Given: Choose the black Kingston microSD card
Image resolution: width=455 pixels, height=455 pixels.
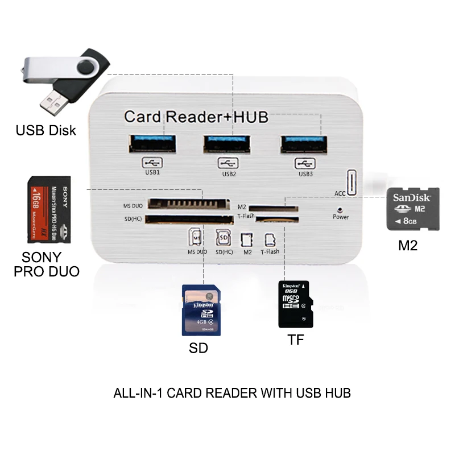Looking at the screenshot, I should [x=295, y=304].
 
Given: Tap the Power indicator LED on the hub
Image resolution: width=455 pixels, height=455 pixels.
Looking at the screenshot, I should [x=340, y=209].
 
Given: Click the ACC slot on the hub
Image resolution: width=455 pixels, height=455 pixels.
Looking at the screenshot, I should [x=352, y=181].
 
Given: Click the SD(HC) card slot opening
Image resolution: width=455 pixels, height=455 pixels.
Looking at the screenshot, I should [x=184, y=218].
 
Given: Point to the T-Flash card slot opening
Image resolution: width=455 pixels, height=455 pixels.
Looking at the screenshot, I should [x=276, y=218].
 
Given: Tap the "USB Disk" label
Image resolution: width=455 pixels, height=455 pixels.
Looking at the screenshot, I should [x=45, y=130].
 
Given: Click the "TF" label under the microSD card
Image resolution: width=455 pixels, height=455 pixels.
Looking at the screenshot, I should [x=296, y=340].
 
